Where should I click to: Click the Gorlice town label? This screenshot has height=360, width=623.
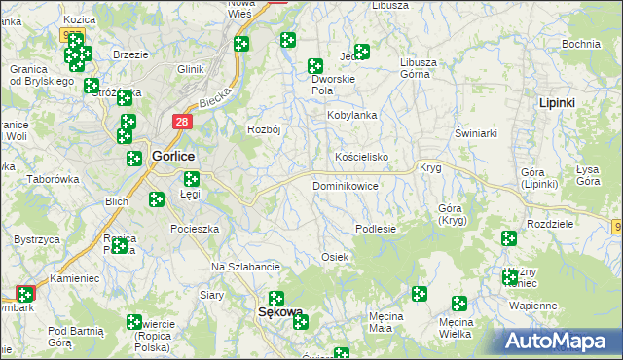(173, 156)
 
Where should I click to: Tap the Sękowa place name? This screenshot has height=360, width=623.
(279, 313)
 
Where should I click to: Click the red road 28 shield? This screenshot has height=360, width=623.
(182, 122)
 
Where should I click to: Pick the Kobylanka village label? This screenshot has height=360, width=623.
(350, 115)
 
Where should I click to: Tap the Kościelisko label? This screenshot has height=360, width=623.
(362, 157)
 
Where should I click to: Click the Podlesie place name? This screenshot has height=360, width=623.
(376, 229)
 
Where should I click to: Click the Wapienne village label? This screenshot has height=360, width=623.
(531, 305)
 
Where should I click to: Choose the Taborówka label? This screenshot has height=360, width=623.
(53, 179)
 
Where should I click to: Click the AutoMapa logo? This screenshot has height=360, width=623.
(560, 342)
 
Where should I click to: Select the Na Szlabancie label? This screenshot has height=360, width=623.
(246, 267)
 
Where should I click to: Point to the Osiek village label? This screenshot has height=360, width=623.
(335, 256)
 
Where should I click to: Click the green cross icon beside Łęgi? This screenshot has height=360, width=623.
(192, 178)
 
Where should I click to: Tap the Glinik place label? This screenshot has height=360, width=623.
(190, 69)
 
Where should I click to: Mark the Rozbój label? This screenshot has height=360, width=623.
(264, 130)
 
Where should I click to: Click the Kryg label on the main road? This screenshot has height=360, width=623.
(430, 167)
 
